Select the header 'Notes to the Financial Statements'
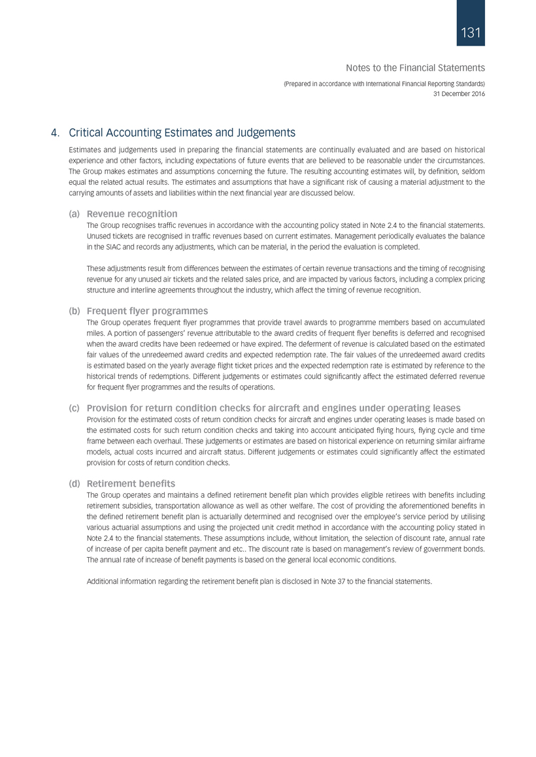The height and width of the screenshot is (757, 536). point(414,67)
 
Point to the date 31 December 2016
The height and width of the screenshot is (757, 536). point(459,93)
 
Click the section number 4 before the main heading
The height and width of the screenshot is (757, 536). point(53,133)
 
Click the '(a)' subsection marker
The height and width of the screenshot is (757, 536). point(75,214)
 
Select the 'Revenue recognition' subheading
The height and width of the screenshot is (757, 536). point(132,214)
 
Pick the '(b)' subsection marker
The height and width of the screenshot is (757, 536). point(75,310)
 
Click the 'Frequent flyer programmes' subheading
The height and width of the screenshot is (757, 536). point(148,310)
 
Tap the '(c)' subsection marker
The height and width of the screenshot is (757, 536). point(75,408)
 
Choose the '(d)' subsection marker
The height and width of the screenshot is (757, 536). point(75,483)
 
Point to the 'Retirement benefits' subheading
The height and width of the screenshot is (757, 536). point(131,483)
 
